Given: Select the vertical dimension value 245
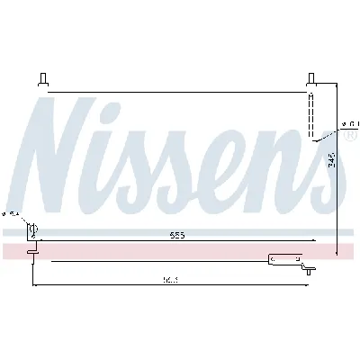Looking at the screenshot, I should pos(332,163).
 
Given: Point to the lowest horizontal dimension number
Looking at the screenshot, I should pos(169,280).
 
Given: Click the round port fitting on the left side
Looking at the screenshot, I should pos(33,230).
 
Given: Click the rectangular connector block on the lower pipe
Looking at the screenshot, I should pos(282,260).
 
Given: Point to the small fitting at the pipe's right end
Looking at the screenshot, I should pos(308,266).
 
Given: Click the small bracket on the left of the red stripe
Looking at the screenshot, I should pos(33,252).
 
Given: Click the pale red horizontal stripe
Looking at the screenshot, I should pos(180,248).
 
